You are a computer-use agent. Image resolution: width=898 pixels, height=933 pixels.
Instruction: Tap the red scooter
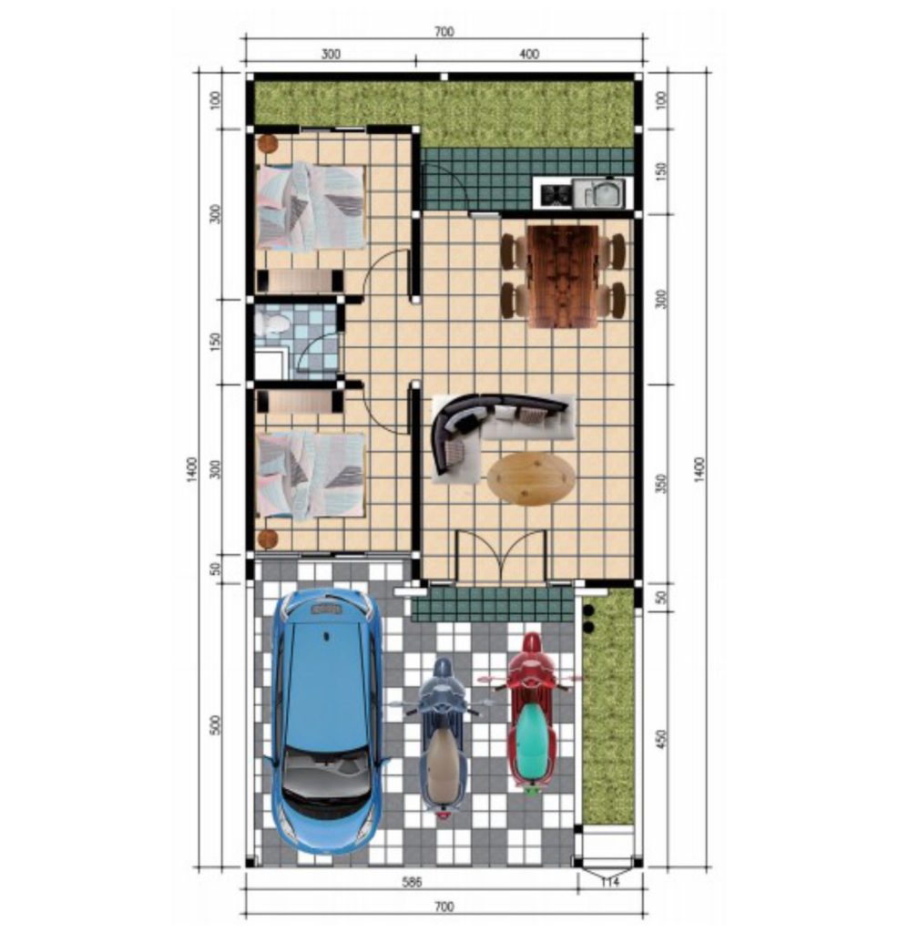click(532, 714)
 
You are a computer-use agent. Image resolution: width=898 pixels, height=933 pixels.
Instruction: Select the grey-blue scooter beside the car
click(444, 738)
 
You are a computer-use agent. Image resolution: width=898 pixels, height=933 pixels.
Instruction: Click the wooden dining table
click(563, 276)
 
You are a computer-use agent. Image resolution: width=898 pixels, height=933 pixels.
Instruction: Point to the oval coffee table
click(531, 478)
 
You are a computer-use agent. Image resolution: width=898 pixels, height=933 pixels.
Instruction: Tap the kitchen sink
click(599, 193)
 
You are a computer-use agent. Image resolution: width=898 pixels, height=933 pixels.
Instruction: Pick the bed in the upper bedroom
click(311, 206)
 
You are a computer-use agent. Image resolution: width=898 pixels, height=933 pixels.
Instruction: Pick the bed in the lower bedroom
click(311, 474)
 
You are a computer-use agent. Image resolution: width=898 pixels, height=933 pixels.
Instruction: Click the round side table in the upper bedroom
click(268, 143)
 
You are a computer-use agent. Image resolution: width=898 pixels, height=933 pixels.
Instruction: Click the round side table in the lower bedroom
click(268, 539)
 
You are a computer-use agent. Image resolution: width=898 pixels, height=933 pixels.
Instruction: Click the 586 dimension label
click(412, 882)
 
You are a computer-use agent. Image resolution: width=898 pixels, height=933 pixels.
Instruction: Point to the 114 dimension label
click(610, 882)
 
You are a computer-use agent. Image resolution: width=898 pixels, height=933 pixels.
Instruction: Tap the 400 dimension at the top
click(528, 54)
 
